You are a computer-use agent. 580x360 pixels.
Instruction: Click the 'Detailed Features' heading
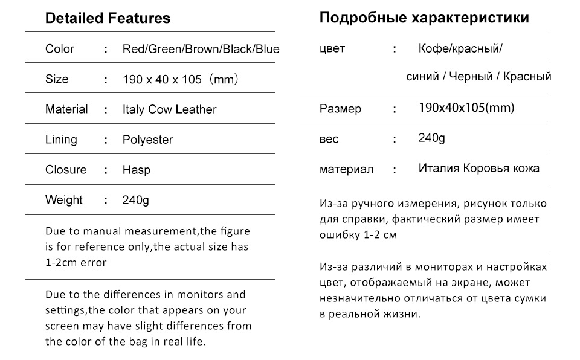tap(108, 18)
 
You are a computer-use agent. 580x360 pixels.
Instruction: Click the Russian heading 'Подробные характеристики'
tap(424, 18)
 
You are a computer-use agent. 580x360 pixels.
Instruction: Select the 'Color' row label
tap(60, 49)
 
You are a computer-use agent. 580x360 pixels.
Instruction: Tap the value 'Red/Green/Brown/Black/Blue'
tap(201, 49)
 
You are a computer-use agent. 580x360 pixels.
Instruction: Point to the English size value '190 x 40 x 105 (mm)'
tap(181, 79)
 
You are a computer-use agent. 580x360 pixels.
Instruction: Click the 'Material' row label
tap(66, 109)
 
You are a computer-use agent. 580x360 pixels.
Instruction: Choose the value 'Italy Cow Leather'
tap(169, 109)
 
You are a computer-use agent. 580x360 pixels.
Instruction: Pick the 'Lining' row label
tap(61, 140)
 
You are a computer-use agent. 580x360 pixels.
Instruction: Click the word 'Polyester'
tap(147, 140)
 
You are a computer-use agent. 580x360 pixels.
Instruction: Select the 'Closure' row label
tap(66, 170)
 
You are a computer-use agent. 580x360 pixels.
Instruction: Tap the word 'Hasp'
tap(137, 170)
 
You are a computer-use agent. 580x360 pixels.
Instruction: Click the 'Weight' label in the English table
tap(63, 200)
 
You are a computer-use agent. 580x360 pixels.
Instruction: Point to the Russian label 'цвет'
tap(332, 48)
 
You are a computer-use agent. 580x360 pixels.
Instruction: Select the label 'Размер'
tap(340, 109)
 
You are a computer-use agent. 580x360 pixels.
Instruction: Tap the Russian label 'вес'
tap(329, 139)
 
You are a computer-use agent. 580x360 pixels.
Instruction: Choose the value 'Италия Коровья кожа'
tap(479, 168)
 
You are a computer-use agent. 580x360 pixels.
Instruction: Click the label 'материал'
tap(347, 169)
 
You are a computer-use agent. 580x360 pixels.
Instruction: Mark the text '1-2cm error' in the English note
tap(76, 263)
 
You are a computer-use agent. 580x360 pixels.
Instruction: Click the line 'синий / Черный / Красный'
tap(478, 77)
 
